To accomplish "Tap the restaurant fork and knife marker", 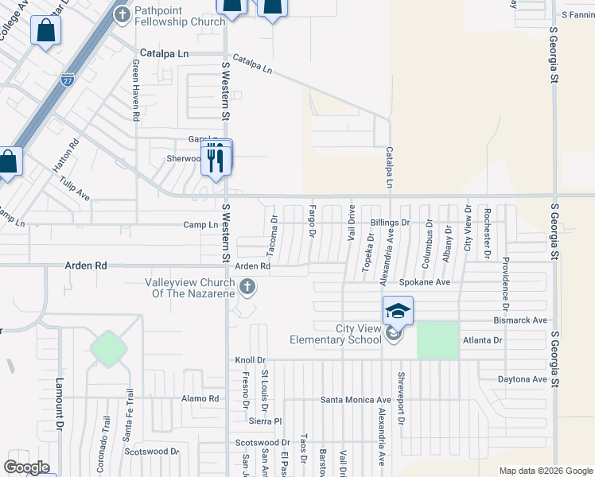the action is [215, 158].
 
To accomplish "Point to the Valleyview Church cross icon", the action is [247, 287].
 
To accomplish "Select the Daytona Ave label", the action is [523, 379].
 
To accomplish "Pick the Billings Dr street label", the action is [389, 223].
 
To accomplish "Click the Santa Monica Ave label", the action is [356, 400].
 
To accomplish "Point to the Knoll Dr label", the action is [250, 360].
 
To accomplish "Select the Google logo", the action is [26, 467].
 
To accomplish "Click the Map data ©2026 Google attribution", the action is [546, 471].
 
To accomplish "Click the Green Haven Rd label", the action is [136, 94].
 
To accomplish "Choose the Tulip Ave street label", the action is [74, 188].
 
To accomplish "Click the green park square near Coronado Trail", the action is [107, 348].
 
